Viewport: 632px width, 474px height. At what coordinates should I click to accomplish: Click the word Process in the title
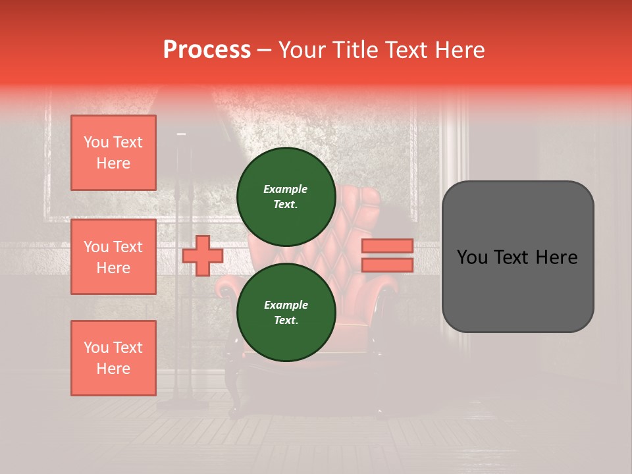[x=207, y=50]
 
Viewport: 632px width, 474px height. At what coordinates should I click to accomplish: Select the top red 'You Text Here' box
[x=113, y=153]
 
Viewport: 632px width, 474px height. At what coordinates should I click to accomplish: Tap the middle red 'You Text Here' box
[x=113, y=257]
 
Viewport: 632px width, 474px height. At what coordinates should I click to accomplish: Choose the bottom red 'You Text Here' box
[x=113, y=358]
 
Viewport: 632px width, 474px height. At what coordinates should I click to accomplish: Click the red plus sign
[x=202, y=255]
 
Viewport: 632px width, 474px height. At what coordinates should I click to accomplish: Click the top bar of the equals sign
[x=387, y=246]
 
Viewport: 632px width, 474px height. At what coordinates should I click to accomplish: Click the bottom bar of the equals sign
[x=387, y=265]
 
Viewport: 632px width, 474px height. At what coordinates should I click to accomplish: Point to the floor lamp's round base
[x=176, y=404]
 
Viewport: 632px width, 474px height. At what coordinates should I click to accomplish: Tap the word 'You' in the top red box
[x=96, y=142]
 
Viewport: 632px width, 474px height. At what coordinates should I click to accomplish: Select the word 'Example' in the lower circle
[x=285, y=305]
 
